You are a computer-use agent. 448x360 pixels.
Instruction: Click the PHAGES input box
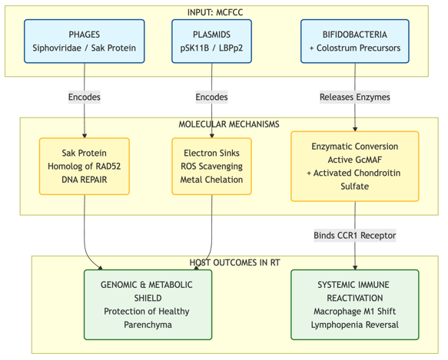click(85, 41)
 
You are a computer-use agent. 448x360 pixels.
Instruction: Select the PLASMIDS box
click(212, 41)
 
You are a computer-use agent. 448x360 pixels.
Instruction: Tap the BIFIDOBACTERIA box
click(355, 41)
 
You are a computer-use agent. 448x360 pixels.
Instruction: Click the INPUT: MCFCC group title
click(215, 12)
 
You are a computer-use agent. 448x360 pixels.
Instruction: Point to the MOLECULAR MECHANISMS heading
click(229, 124)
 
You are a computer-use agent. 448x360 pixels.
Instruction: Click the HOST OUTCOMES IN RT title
click(235, 263)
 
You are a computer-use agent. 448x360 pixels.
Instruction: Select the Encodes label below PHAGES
click(85, 97)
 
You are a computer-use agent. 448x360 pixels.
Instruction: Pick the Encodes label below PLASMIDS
click(212, 97)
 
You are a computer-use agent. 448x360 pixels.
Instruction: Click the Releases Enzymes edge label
click(355, 97)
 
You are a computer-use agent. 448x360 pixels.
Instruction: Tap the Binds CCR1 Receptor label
click(355, 236)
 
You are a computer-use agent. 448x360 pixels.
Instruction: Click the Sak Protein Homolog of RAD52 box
click(85, 167)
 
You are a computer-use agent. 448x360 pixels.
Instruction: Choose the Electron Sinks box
click(212, 167)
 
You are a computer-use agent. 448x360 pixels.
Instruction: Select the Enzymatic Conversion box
click(355, 167)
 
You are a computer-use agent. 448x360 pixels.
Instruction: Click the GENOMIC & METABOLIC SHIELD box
click(148, 305)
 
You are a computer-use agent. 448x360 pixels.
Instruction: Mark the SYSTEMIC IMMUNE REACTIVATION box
click(355, 305)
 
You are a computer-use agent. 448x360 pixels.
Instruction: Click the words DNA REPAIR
click(85, 180)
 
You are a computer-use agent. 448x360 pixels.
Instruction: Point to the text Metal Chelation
click(212, 180)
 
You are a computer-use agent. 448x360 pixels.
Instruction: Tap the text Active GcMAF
click(355, 160)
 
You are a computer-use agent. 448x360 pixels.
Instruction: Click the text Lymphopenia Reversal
click(355, 325)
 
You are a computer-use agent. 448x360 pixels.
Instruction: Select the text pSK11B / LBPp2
click(212, 48)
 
